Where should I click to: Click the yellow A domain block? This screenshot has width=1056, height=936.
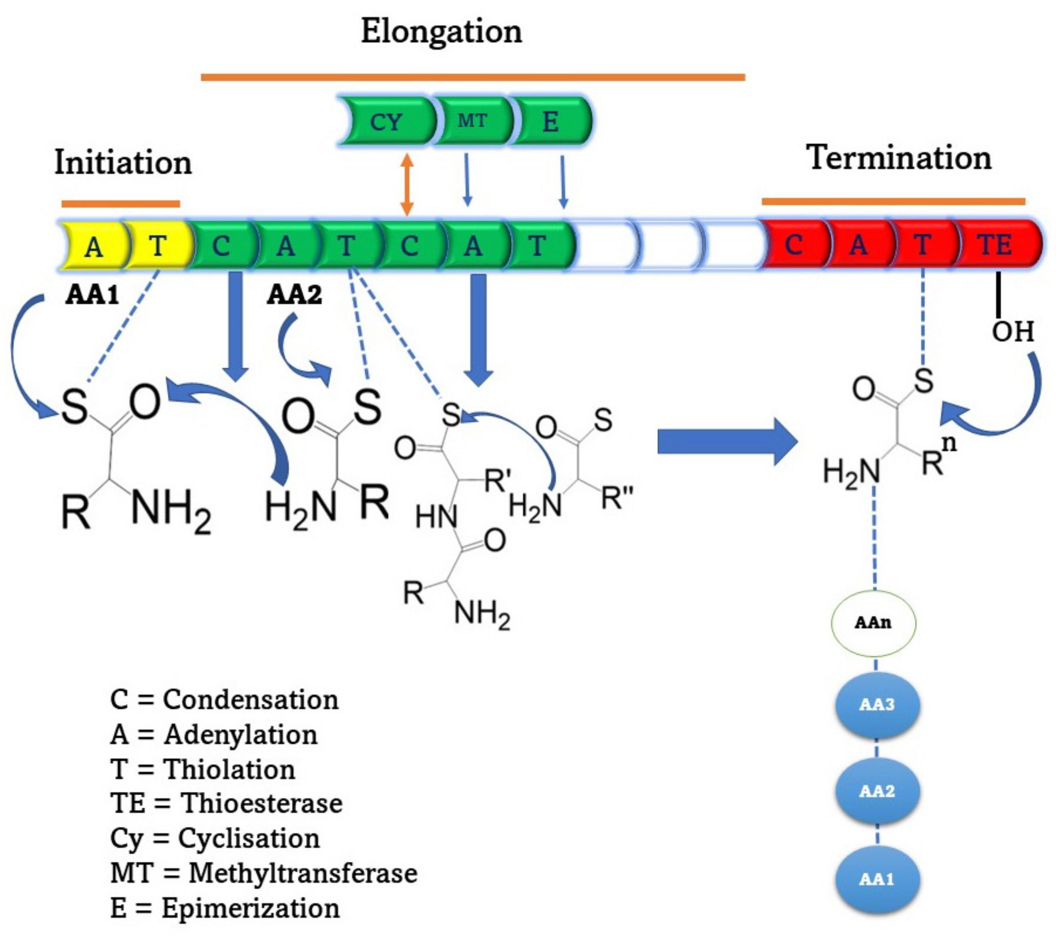point(93,245)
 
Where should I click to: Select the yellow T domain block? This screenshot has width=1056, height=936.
point(158,245)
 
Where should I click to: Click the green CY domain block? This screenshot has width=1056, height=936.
point(387,121)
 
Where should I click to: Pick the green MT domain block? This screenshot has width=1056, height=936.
point(472,121)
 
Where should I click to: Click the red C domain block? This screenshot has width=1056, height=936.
point(795,244)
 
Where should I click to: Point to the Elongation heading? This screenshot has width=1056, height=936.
point(441,32)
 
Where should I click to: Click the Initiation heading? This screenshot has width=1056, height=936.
point(123,162)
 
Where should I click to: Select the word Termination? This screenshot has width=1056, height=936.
point(898,157)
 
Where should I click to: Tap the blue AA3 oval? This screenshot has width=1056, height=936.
point(877,705)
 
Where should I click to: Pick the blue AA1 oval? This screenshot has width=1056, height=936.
point(877,879)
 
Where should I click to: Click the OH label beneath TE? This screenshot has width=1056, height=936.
point(1013,331)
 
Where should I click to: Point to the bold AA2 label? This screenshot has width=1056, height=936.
point(295,295)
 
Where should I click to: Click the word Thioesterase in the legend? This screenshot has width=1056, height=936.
point(261,803)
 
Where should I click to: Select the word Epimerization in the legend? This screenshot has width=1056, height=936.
point(251,908)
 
